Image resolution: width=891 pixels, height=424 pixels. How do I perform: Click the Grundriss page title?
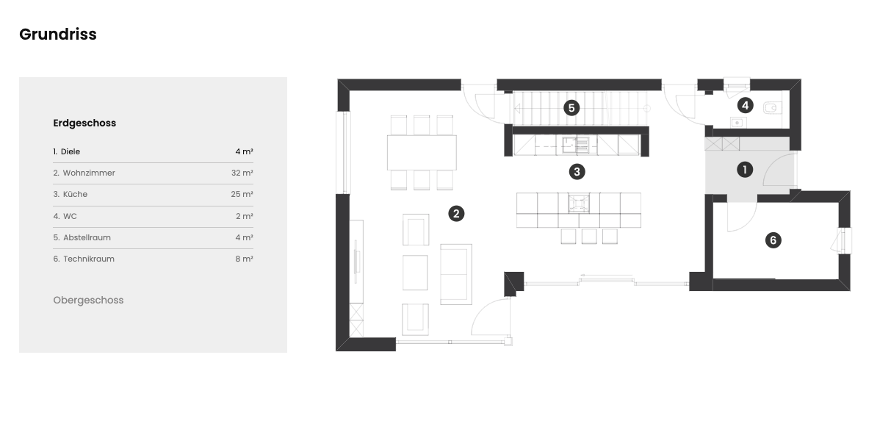58,35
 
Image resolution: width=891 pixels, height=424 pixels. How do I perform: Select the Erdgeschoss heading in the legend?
84,123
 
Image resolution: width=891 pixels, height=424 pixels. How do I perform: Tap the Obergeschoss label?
88,301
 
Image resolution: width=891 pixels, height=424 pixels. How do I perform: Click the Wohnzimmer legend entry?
84,173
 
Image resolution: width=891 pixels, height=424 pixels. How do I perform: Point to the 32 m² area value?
242,173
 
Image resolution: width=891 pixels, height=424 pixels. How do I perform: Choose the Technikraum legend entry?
84,259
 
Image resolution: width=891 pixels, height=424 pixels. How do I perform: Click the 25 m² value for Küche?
242,195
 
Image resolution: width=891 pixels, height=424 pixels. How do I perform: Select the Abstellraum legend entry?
82,237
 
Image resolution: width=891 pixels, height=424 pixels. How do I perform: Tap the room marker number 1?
745,170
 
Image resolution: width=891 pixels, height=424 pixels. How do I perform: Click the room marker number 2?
456,214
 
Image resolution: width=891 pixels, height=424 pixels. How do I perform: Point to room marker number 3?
577,172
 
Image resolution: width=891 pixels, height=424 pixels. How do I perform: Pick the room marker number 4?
745,105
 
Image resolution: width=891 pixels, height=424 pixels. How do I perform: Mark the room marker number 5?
571,108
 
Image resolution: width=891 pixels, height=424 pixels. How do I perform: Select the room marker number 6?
773,240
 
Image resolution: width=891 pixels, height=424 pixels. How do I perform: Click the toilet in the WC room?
772,108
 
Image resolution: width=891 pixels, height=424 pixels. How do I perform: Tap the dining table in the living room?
422,153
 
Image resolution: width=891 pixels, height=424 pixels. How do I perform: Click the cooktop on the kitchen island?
579,204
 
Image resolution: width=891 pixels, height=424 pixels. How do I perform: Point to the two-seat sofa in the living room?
456,274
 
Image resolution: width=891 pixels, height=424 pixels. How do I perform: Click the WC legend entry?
65,216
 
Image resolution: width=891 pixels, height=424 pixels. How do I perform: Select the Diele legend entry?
66,151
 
